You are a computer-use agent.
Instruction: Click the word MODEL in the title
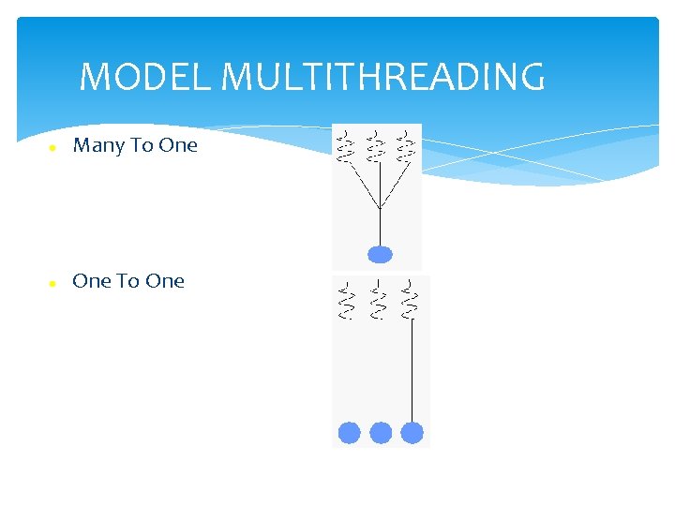click(x=145, y=77)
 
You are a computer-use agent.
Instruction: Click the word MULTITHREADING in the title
click(x=382, y=77)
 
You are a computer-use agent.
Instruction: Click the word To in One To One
click(x=129, y=281)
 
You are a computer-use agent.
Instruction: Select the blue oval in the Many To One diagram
click(x=380, y=254)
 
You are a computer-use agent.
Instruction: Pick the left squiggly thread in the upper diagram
click(x=346, y=143)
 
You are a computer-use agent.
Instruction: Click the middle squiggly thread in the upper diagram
click(x=377, y=143)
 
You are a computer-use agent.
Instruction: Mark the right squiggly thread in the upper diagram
click(x=407, y=143)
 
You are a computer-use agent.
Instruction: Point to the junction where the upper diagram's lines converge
click(x=379, y=208)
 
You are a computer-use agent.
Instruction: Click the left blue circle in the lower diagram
click(x=349, y=433)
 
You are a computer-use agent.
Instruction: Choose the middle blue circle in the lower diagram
click(x=381, y=433)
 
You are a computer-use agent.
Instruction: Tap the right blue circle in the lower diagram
click(x=412, y=433)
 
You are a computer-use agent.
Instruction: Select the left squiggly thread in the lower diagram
click(x=347, y=300)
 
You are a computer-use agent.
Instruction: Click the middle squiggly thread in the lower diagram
click(x=379, y=300)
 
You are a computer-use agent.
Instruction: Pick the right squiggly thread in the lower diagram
click(x=411, y=300)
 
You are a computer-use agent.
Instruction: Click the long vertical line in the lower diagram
click(x=412, y=370)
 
